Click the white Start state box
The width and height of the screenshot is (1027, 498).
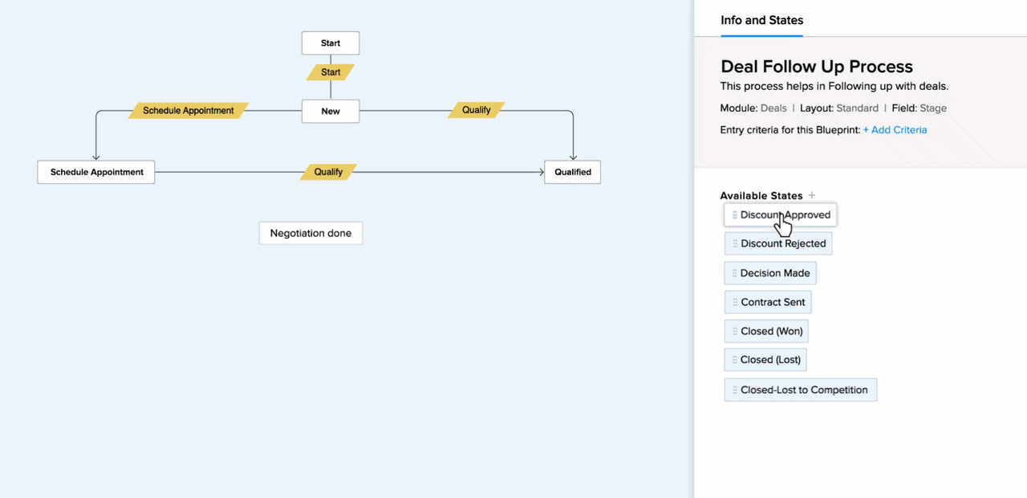coord(331,43)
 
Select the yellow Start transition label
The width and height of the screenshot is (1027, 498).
coord(331,72)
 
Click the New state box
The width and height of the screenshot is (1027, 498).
coord(331,111)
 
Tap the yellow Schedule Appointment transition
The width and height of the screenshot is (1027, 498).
coord(189,111)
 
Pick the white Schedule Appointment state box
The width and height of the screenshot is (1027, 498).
coord(96,172)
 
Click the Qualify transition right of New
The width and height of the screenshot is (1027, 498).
coord(477,110)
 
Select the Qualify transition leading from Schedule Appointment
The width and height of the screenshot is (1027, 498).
coord(328,172)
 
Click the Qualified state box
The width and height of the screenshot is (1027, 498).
coord(573,172)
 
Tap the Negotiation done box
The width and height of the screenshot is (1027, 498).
coord(311,233)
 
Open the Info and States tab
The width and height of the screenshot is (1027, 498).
coord(762,20)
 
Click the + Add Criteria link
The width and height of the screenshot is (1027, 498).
coord(895,130)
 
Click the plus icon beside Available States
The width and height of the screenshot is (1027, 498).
coord(812,195)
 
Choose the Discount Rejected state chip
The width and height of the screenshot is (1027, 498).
coord(778,243)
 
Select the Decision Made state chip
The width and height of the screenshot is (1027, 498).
coord(770,273)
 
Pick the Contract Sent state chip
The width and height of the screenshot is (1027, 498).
coord(768,302)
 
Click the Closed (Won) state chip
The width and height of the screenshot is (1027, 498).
coord(766,332)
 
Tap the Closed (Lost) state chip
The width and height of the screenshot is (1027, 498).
coord(765,360)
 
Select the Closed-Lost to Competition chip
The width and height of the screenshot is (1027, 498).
coord(801,390)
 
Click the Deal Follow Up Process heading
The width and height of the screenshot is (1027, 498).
coord(817,67)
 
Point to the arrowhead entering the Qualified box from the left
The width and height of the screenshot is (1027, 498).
coord(542,172)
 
